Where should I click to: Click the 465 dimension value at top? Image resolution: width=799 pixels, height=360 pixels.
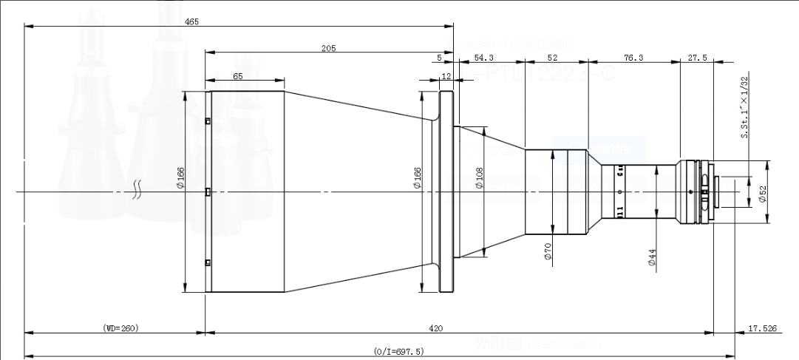[x=190, y=22]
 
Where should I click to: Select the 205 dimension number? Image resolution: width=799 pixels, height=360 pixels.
[x=329, y=48]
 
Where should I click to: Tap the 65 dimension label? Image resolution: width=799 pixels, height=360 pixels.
[x=238, y=75]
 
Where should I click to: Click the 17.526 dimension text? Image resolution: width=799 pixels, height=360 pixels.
[x=763, y=327]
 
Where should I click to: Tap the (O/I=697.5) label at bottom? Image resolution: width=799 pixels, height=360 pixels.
[x=399, y=352]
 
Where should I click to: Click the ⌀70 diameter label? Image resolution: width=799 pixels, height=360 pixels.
[x=548, y=253]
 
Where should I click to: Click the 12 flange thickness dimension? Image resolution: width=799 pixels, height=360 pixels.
[x=446, y=75]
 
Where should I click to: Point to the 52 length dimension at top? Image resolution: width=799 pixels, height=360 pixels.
[x=552, y=57]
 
